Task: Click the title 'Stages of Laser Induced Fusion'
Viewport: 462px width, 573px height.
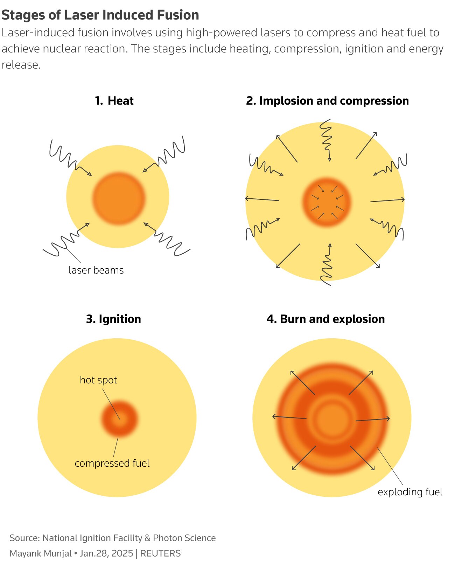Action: click(x=100, y=15)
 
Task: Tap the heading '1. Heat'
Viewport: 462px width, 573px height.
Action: click(x=114, y=101)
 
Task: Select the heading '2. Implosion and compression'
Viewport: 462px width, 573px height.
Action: click(x=327, y=101)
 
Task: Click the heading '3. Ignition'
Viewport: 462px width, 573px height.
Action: click(x=113, y=319)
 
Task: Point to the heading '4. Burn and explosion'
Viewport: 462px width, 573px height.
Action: click(x=325, y=319)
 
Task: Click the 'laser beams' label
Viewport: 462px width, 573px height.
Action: click(x=96, y=270)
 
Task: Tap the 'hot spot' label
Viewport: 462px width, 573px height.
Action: click(x=98, y=380)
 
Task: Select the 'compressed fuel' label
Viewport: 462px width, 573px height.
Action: click(x=112, y=464)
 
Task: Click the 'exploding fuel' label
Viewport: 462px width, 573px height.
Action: click(x=410, y=492)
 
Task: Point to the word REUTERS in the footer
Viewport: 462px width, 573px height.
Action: click(x=160, y=553)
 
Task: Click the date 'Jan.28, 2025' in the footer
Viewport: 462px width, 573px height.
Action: click(x=106, y=553)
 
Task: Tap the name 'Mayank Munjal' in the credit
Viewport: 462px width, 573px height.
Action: click(x=40, y=553)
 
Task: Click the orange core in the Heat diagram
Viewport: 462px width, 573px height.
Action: click(x=119, y=198)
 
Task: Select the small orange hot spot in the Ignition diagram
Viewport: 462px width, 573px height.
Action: click(x=120, y=418)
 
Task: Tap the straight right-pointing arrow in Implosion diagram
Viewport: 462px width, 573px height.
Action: click(x=387, y=200)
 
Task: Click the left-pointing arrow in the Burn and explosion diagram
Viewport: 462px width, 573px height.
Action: click(x=289, y=417)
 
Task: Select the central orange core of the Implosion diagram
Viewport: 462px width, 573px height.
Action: click(x=327, y=202)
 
